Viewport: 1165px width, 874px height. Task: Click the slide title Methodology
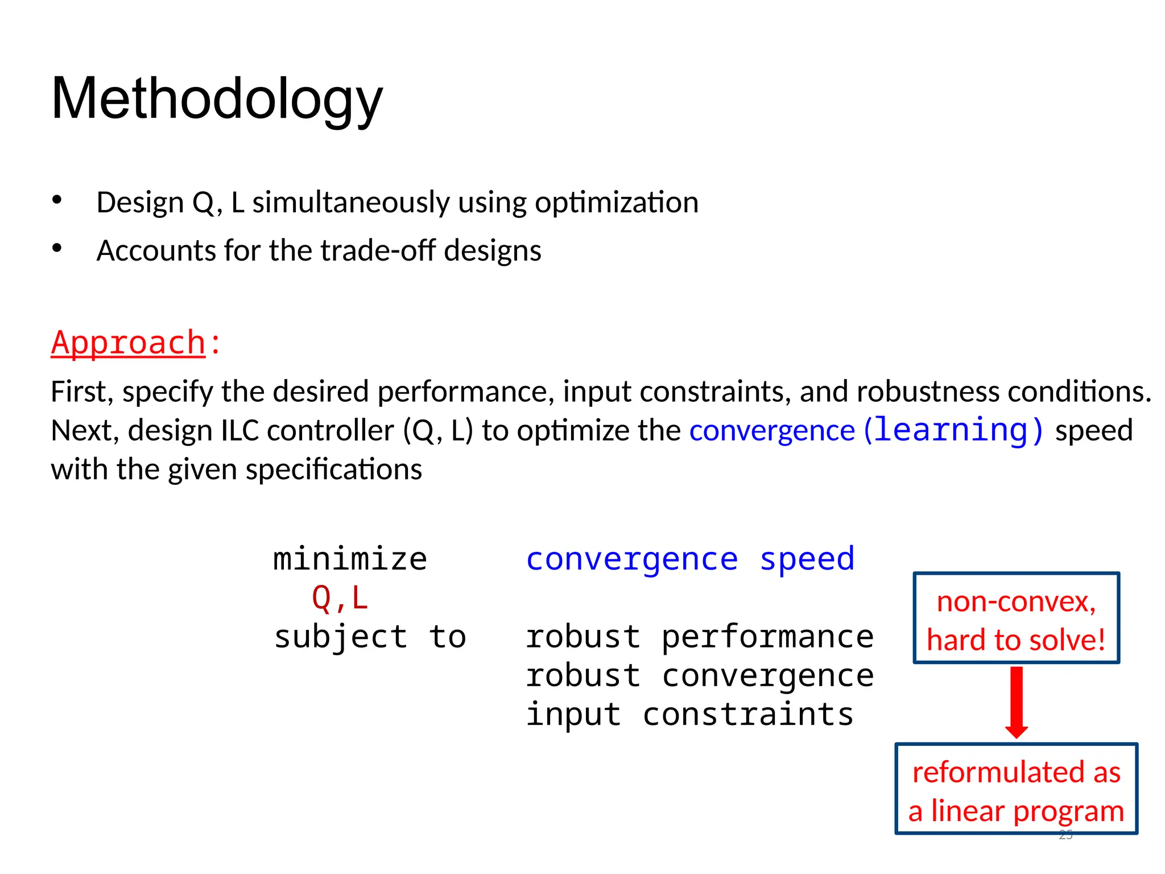[x=217, y=100]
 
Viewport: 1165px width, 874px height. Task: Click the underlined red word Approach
[x=129, y=343]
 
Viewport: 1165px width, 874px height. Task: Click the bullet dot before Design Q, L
[x=56, y=200]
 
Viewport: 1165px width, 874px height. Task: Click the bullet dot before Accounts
[x=56, y=248]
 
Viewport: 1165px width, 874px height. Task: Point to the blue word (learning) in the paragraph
[x=953, y=430]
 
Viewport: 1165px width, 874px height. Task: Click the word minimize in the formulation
[x=350, y=559]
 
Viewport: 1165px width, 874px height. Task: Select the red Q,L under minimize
[x=340, y=599]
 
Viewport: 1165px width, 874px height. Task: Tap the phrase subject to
[x=370, y=637]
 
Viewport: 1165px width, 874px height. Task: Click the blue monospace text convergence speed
[x=690, y=559]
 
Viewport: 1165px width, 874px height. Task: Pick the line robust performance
[x=699, y=637]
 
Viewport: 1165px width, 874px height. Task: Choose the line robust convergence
[x=699, y=676]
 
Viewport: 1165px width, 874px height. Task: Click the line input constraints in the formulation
[x=689, y=715]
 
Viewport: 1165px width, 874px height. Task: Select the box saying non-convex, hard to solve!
[x=1016, y=619]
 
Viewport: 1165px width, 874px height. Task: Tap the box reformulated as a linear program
[x=1016, y=789]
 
